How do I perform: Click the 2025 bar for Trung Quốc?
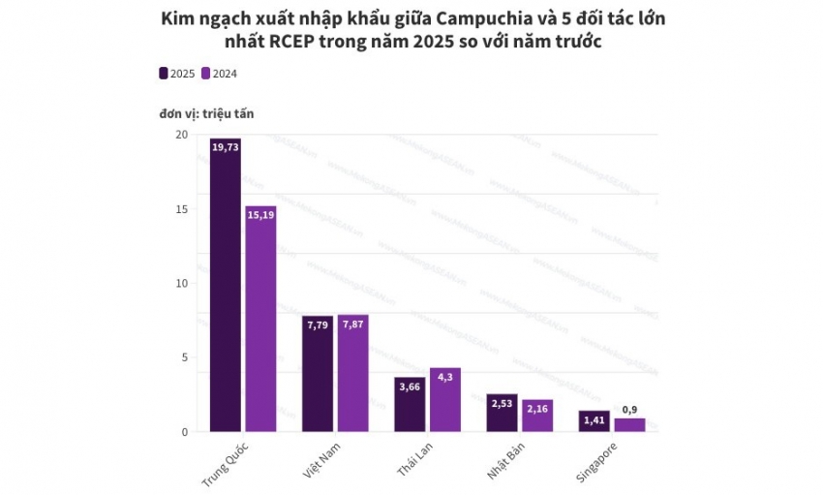click(225, 286)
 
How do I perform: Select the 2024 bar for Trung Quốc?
click(260, 319)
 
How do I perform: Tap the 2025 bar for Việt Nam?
click(318, 374)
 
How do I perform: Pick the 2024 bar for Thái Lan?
click(445, 400)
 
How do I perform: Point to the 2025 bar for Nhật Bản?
click(502, 413)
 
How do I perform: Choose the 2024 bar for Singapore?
click(629, 425)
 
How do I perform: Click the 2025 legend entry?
click(176, 74)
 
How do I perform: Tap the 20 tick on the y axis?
click(182, 135)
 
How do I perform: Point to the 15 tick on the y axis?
click(182, 209)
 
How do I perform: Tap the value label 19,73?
click(225, 147)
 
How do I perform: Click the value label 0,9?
click(629, 409)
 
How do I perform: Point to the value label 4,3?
click(445, 377)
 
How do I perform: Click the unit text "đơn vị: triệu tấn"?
click(206, 113)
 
